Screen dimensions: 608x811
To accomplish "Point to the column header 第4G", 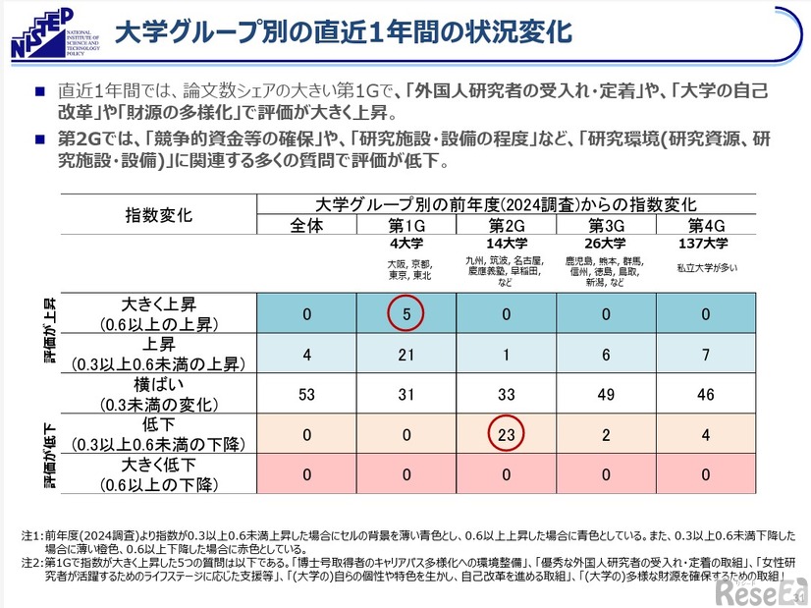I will pyautogui.click(x=706, y=225).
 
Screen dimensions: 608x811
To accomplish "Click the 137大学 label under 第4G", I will pyautogui.click(x=705, y=244).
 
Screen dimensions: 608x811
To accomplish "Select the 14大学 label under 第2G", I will pyautogui.click(x=506, y=244).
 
